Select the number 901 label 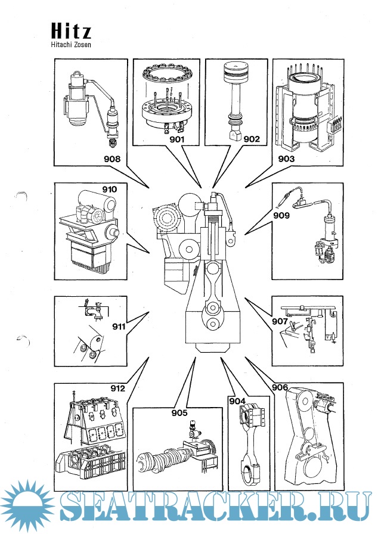(177, 139)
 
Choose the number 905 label (179, 413)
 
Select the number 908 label (111, 159)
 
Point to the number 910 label (109, 190)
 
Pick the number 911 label (119, 326)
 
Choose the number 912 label (117, 389)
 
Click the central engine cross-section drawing (203, 268)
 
